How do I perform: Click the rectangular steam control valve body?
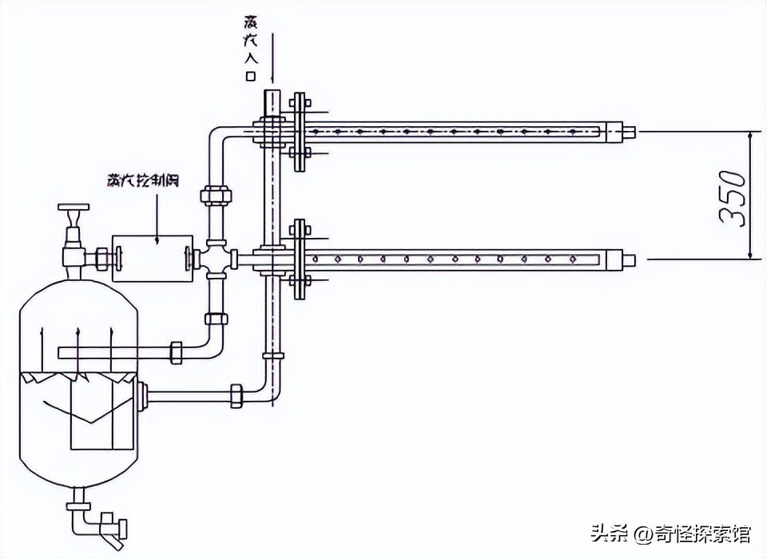(152, 258)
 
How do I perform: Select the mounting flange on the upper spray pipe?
(299, 131)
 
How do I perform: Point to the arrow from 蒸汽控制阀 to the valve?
(157, 215)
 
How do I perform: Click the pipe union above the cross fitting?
(217, 196)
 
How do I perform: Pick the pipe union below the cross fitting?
(217, 319)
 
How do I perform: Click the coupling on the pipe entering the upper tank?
(177, 351)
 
